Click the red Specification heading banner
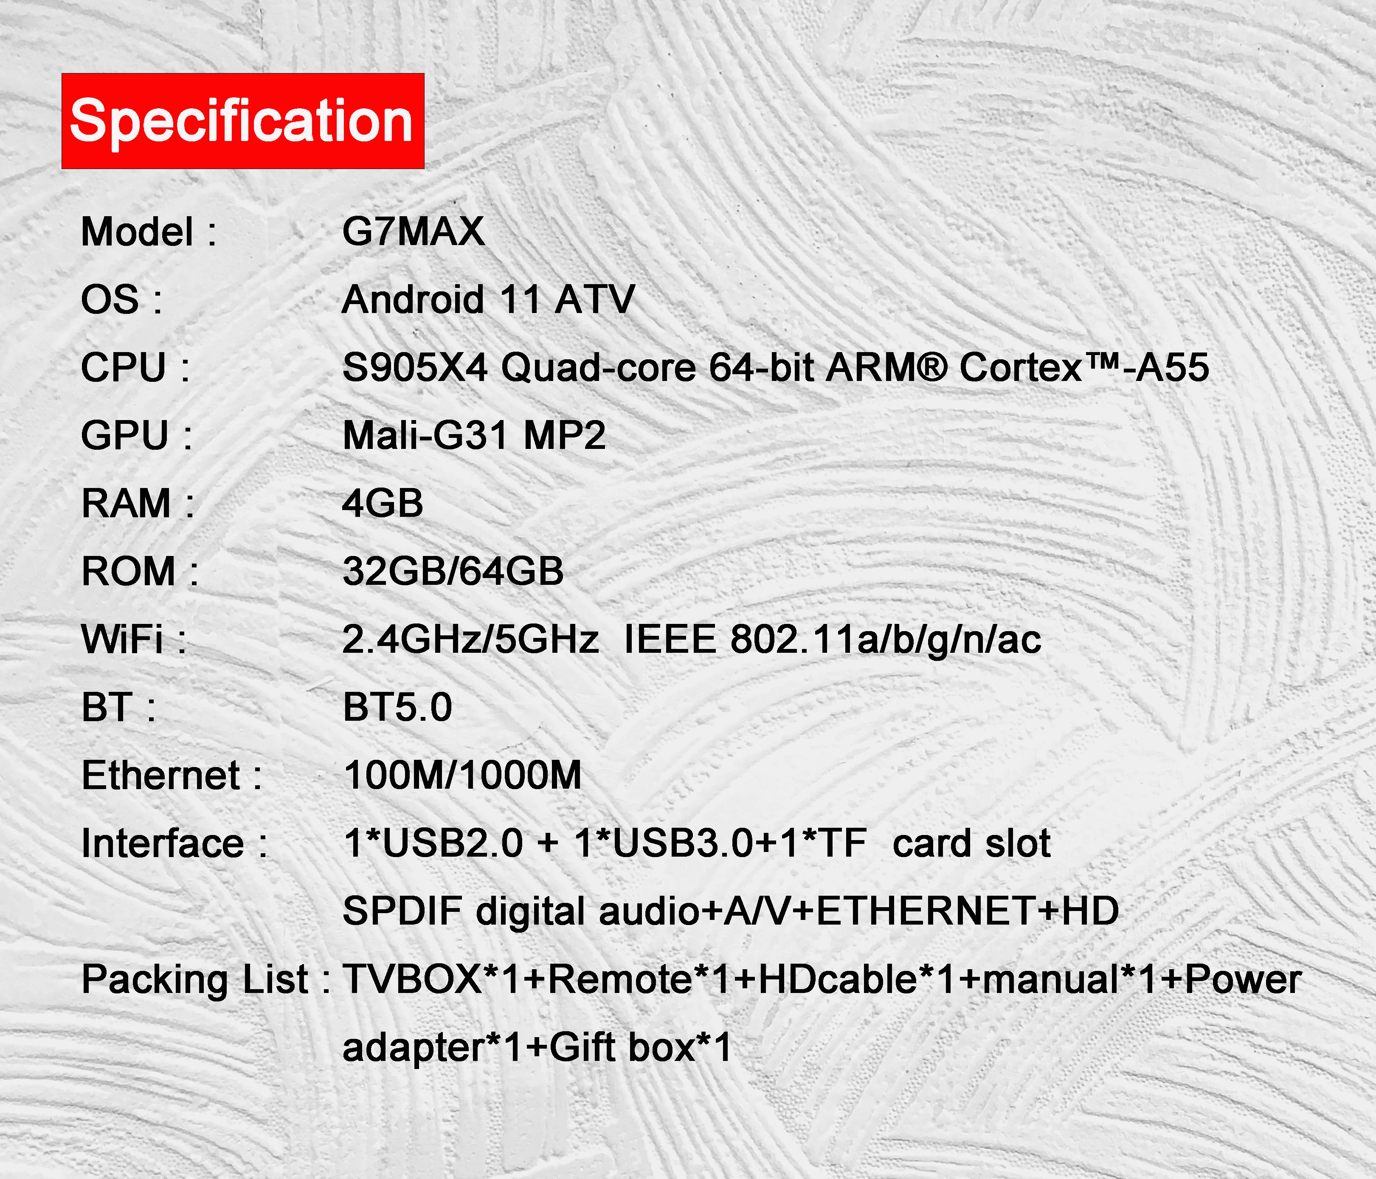coord(243,121)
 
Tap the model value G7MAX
coord(413,232)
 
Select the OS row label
coord(121,299)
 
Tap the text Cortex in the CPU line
coord(1021,367)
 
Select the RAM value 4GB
coord(383,503)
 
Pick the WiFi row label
coord(133,640)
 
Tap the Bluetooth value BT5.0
coord(397,708)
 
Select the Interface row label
coord(174,843)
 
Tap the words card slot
coord(971,843)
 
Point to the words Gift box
coord(622,1047)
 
